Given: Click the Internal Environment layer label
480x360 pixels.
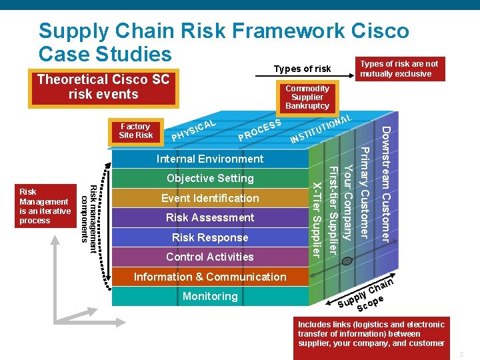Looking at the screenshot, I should click(x=210, y=159).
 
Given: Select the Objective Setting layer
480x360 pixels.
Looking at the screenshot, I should click(x=210, y=178).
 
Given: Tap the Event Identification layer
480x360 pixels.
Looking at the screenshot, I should click(x=210, y=198).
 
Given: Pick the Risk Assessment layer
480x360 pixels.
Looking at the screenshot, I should click(x=210, y=217).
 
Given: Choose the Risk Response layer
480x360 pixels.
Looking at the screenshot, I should click(x=210, y=237).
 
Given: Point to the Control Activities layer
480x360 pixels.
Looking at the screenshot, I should click(x=210, y=257).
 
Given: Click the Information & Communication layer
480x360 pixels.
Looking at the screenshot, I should click(x=210, y=277).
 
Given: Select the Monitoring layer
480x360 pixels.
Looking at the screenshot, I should click(x=210, y=296).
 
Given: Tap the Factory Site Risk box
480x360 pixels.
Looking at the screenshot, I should click(x=136, y=131).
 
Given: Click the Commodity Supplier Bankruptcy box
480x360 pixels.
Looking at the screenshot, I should click(x=307, y=97).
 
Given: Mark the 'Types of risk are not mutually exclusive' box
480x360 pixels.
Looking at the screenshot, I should click(x=399, y=69).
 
